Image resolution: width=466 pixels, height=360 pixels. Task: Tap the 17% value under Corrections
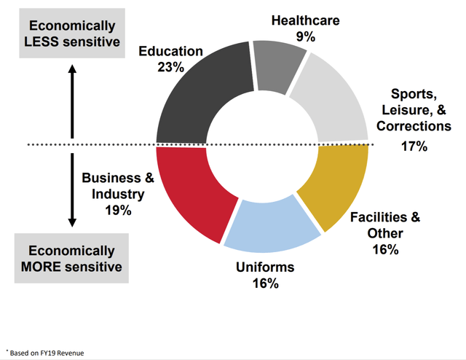[413, 146]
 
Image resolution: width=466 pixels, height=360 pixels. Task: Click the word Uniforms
[264, 267]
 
